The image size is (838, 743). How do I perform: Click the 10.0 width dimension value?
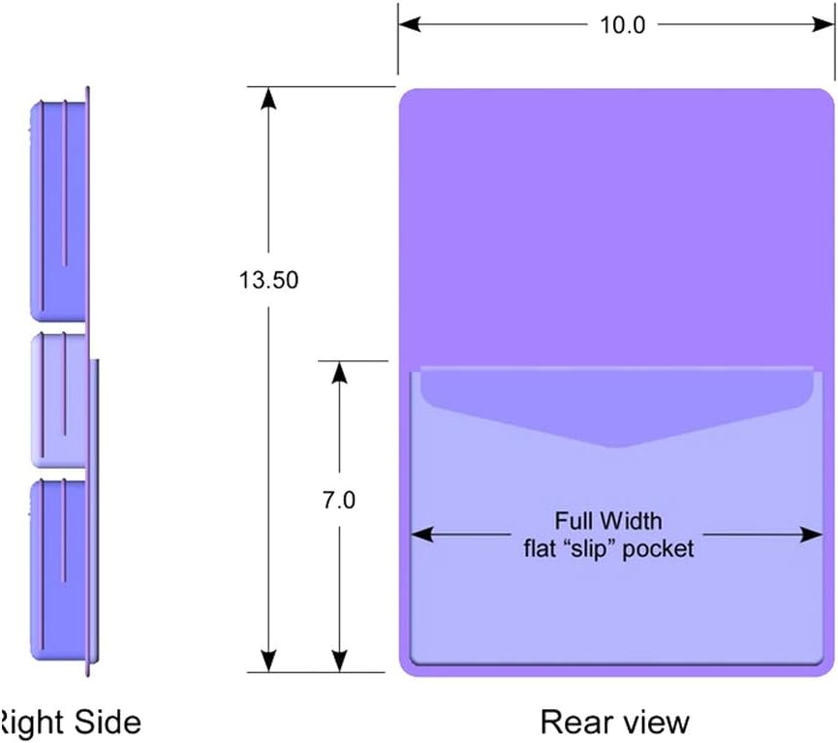(622, 26)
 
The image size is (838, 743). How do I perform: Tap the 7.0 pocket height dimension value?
(338, 501)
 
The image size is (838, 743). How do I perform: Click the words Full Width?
(607, 521)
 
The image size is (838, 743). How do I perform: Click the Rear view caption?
(614, 722)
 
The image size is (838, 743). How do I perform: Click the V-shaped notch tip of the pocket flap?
(608, 446)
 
